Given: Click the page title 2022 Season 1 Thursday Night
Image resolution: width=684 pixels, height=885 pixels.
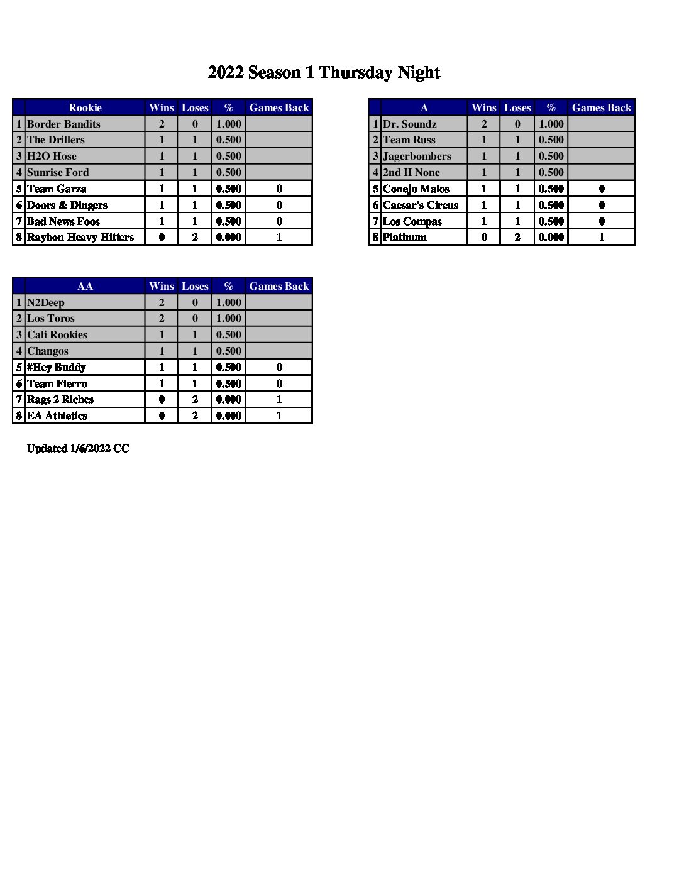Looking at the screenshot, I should click(324, 72).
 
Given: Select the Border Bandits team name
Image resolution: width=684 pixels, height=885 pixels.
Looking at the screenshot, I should click(63, 124).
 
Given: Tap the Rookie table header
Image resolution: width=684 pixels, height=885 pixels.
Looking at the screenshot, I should click(85, 107).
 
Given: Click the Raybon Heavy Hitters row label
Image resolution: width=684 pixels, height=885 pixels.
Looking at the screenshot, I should click(80, 237).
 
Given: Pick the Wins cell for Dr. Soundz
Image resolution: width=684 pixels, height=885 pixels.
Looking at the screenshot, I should click(483, 124).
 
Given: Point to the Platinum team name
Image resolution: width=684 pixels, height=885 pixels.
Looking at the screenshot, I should click(404, 237).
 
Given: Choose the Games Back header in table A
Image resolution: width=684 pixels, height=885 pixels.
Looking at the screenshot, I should click(601, 107).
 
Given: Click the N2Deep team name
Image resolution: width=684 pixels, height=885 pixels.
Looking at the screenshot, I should click(45, 302).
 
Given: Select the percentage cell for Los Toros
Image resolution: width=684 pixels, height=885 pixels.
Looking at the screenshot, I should click(228, 319).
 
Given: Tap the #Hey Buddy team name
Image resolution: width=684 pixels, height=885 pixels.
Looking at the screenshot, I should click(56, 367).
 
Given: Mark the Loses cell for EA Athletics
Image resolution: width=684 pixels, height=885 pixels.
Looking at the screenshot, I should click(195, 415).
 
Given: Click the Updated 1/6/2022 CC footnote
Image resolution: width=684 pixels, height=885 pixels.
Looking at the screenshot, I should click(78, 448).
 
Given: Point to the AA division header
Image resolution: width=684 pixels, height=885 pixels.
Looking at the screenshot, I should click(85, 286).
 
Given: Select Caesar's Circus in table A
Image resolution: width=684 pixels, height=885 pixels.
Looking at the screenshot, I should click(420, 205).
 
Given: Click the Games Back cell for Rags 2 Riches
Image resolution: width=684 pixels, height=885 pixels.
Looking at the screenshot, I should click(279, 399).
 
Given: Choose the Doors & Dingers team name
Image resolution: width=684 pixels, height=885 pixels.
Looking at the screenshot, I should click(67, 205).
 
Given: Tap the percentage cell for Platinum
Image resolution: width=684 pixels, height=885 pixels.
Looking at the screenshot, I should click(551, 237).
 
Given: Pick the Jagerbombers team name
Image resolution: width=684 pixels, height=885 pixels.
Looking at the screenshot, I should click(417, 156).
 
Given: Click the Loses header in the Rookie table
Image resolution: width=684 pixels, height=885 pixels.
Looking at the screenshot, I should click(195, 107).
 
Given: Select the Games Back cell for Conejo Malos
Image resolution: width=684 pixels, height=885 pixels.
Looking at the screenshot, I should click(601, 189).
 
